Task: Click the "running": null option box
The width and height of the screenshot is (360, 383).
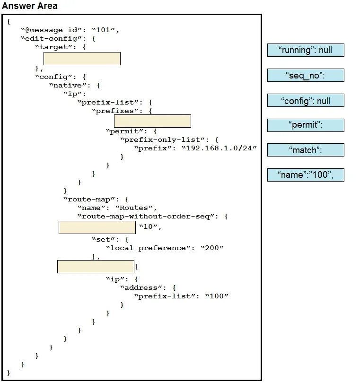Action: point(306,50)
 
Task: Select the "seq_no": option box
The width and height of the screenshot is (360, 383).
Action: point(306,75)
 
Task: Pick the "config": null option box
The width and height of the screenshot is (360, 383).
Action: point(306,100)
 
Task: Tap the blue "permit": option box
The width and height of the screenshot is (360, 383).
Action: point(306,125)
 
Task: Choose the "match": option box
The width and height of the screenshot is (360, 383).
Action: point(306,150)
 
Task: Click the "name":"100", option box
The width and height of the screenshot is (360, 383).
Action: point(306,175)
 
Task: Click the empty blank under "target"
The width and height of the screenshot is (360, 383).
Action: point(82,59)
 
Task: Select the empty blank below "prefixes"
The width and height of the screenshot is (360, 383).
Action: point(152,121)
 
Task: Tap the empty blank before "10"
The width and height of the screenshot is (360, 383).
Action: point(97,227)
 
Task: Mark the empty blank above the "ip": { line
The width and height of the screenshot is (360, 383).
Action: point(96,267)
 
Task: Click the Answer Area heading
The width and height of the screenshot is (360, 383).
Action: point(30,6)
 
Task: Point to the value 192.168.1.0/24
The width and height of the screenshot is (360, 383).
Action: point(219,148)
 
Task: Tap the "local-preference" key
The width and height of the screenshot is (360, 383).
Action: point(149,248)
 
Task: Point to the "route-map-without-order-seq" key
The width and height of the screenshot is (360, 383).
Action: point(146,217)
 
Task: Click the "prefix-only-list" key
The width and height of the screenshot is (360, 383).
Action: point(163,139)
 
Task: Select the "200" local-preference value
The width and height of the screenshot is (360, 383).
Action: point(212,248)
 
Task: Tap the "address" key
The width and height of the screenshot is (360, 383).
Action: point(141,288)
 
